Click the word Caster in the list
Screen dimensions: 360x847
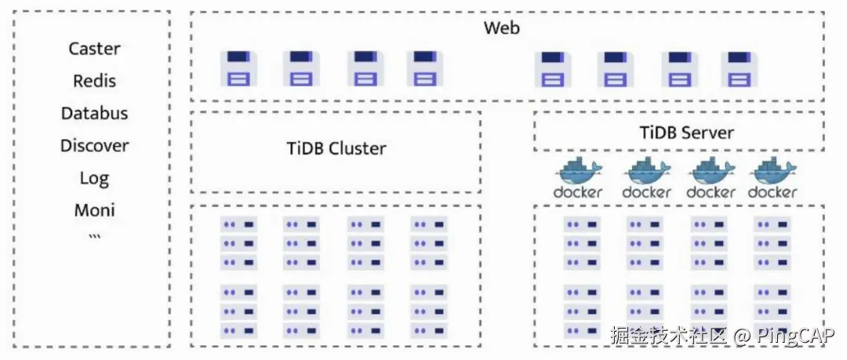coord(94,49)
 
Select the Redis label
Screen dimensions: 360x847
coord(94,81)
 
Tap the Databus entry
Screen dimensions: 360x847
coord(94,113)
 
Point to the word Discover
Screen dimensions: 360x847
coord(94,145)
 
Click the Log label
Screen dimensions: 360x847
coord(94,178)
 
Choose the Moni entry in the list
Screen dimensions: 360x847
coord(94,210)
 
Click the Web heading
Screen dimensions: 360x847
coord(502,28)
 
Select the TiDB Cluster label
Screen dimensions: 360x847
coord(336,148)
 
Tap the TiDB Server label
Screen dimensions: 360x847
coord(686,132)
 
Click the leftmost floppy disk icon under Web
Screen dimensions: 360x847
coord(238,68)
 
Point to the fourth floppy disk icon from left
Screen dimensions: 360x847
coord(424,68)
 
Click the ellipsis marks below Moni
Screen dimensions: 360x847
coord(94,236)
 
